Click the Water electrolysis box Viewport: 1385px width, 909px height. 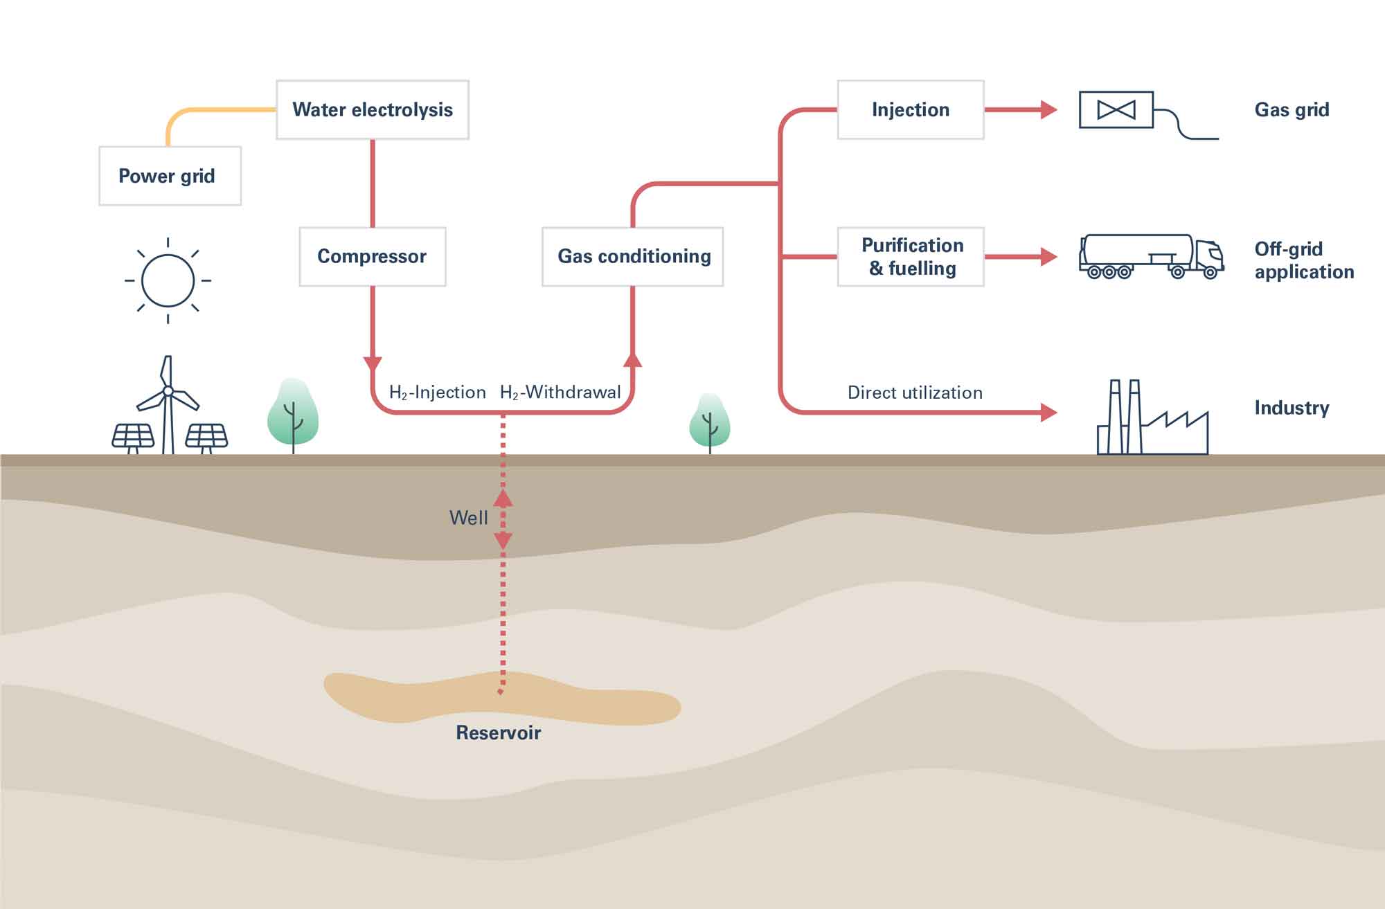(x=373, y=109)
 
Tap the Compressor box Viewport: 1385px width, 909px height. (x=373, y=256)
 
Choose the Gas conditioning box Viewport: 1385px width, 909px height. (x=633, y=256)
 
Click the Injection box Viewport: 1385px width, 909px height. (x=911, y=109)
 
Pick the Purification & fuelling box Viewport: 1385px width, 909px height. (x=911, y=256)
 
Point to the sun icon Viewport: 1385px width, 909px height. (x=168, y=280)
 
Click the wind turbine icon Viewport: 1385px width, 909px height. (x=167, y=405)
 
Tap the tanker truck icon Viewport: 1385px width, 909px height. (x=1152, y=256)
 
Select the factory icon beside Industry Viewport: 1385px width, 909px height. (x=1153, y=417)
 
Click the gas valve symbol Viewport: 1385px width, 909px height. (x=1116, y=109)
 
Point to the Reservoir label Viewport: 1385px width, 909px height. (x=498, y=732)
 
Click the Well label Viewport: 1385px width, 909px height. (x=468, y=518)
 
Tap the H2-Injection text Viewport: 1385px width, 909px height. (x=438, y=393)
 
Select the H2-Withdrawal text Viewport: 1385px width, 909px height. (x=560, y=393)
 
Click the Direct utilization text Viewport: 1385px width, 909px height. (x=915, y=393)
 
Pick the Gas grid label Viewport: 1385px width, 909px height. (x=1292, y=110)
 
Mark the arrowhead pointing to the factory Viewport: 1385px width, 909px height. (x=1049, y=413)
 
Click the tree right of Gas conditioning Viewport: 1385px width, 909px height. (x=710, y=423)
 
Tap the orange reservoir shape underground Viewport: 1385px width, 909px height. (x=502, y=698)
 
